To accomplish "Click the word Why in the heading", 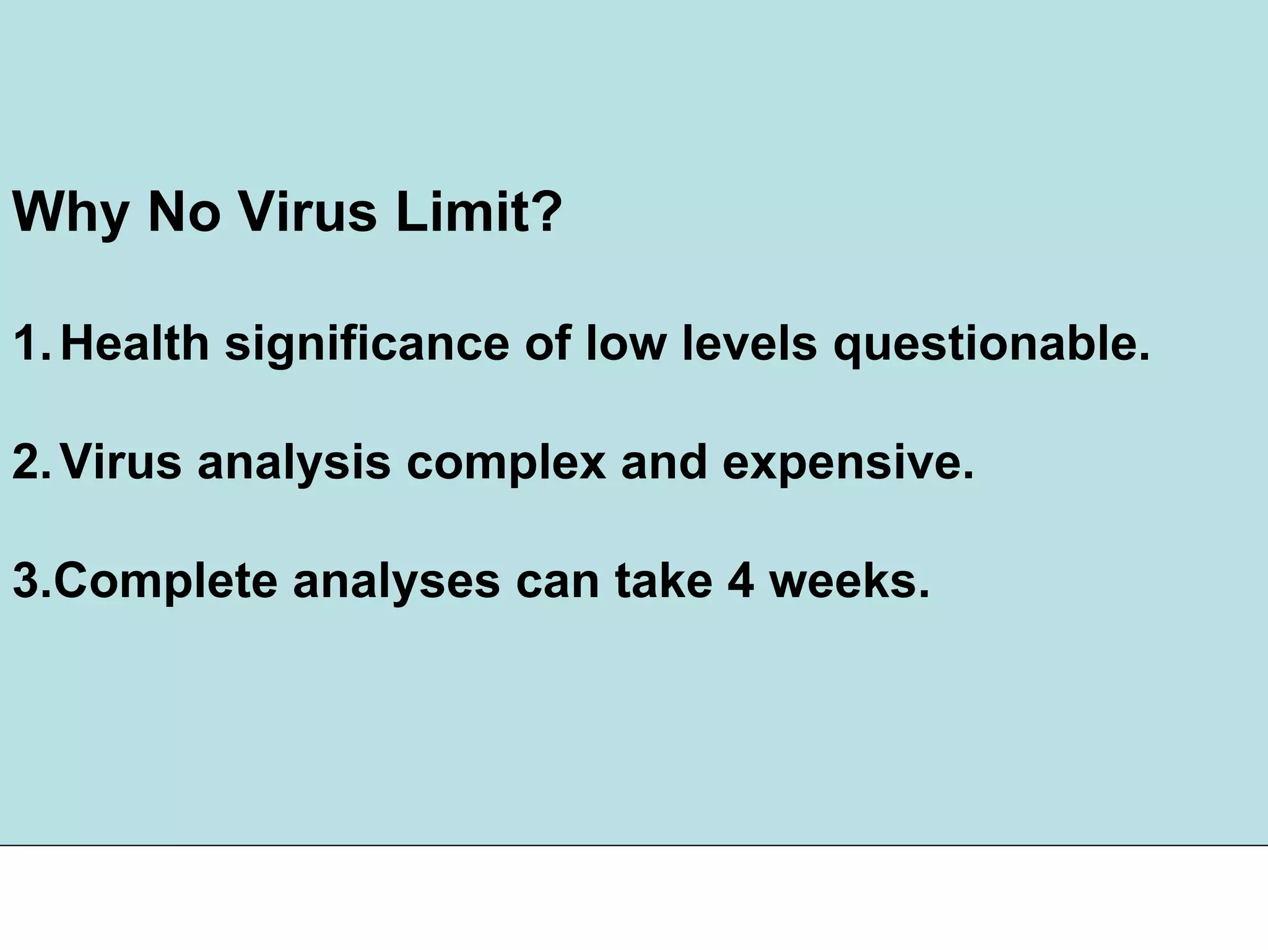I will [x=69, y=213].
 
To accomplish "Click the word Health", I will [x=135, y=343].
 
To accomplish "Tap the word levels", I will [x=749, y=343].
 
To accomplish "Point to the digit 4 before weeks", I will [x=740, y=580].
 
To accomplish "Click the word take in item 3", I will [x=663, y=580].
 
